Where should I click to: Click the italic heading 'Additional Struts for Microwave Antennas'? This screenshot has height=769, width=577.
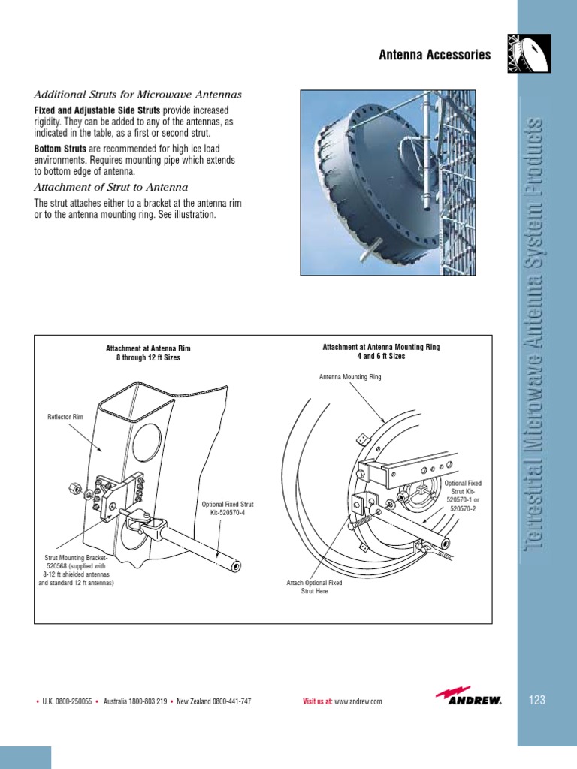[x=137, y=95]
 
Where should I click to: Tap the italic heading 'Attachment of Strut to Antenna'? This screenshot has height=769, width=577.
[x=111, y=187]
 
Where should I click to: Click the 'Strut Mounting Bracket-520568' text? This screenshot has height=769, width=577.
[x=77, y=558]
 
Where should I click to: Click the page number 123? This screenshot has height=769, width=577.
[x=536, y=701]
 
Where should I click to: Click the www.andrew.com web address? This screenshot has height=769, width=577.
[x=358, y=701]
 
